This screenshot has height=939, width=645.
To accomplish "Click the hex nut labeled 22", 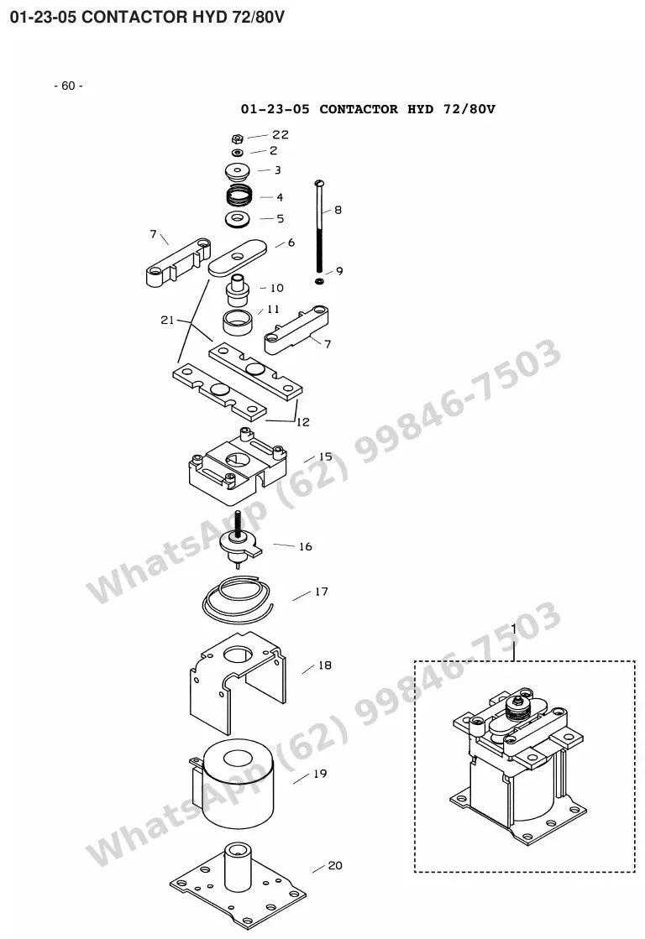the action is coord(238,138).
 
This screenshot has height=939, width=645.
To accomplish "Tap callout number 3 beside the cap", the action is coord(277,170).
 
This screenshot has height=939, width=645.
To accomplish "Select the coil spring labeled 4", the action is coord(239,196).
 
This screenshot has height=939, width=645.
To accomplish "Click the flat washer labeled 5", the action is coord(239,218).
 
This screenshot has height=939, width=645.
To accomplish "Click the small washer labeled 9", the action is coord(319,280).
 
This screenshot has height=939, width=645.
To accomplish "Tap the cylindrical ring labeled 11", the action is coord(238,323).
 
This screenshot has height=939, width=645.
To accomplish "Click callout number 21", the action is coord(166,320).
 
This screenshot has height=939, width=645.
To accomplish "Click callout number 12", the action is coord(303,421).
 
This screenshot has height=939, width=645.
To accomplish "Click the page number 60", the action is coord(68,86).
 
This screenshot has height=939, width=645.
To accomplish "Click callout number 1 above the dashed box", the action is coord(514,629).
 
